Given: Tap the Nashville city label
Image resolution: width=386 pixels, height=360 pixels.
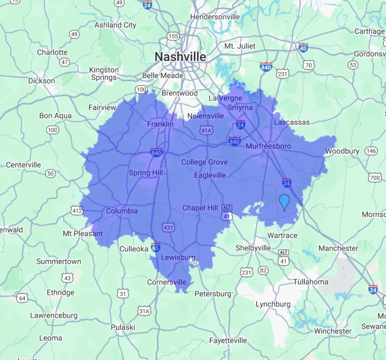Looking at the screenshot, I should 180,57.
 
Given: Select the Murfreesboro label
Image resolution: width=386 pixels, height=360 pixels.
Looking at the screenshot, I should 268,146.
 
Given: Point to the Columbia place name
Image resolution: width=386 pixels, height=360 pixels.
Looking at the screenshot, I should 122,211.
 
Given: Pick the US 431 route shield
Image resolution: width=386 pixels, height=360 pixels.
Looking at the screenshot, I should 168,228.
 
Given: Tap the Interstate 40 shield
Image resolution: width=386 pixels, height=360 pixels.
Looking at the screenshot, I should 303,48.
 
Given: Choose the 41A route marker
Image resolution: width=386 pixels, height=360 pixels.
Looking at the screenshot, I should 206,130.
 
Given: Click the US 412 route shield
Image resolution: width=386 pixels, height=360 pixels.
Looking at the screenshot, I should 77,211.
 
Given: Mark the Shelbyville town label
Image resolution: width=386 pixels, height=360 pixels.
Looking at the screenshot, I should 253,248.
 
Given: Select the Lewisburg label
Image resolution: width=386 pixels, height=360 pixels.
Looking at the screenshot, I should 178,257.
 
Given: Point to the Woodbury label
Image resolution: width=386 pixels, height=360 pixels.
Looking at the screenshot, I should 342,151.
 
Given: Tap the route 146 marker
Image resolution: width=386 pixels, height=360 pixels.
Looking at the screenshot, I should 371,151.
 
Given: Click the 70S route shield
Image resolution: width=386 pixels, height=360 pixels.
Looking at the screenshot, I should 375,178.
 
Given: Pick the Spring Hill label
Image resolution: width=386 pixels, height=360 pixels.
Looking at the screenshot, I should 146,173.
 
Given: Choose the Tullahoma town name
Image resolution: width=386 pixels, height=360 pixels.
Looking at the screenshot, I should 311,282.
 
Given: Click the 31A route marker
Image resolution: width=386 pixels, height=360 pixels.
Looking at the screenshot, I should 144,311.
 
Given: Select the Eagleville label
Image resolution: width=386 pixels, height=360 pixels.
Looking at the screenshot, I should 210,175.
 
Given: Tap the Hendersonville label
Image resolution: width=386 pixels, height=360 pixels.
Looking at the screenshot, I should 215,17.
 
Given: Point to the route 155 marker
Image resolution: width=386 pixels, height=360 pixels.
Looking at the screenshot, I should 173,36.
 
